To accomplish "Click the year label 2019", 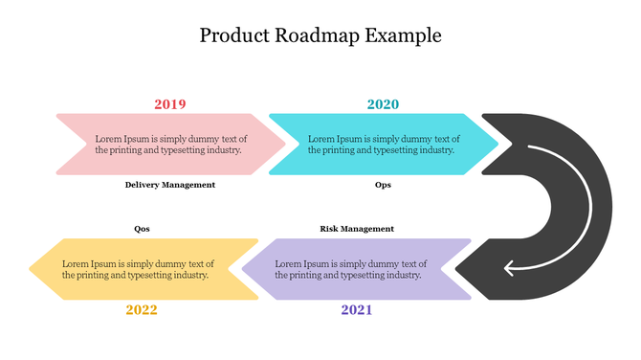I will [x=170, y=104].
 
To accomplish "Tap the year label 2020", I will [x=383, y=104].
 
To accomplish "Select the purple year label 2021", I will [x=357, y=309].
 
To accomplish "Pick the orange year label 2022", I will [x=142, y=309].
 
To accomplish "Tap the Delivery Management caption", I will [x=170, y=185].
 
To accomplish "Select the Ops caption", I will [x=383, y=185].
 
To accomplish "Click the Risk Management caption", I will [x=357, y=229].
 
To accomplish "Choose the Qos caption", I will [x=142, y=229].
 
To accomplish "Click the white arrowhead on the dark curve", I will [x=510, y=266].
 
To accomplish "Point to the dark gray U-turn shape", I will [x=585, y=206].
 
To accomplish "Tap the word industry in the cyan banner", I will [x=435, y=150].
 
